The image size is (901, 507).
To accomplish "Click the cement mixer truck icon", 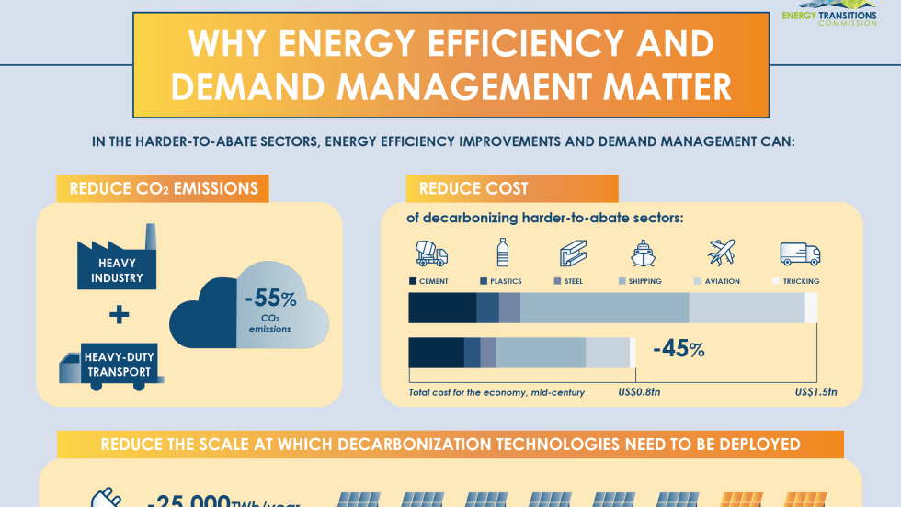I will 431,253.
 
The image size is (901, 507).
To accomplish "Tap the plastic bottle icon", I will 503,253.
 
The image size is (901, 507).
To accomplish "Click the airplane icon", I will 722,252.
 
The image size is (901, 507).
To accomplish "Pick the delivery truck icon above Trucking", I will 799,253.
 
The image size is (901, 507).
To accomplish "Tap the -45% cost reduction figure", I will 679,349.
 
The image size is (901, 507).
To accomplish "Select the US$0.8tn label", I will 636,393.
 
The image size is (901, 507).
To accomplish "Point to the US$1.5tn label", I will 815,393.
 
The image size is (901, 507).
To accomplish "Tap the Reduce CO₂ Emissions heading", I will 163,189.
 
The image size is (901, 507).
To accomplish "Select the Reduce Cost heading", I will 474,189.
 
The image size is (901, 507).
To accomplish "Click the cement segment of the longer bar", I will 442,309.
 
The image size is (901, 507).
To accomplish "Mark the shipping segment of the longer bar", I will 604,309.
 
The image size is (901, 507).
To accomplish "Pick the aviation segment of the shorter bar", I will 607,353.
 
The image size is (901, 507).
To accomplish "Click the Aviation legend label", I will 722,281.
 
